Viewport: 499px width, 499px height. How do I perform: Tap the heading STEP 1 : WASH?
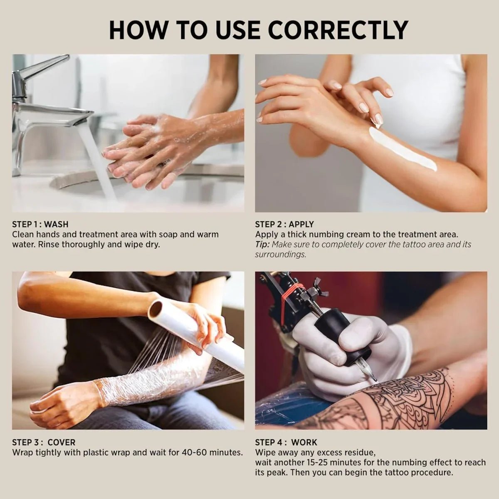(x=40, y=225)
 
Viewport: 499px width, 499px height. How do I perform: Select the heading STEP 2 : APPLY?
(x=284, y=225)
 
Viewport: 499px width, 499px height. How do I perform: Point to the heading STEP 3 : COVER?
(x=44, y=442)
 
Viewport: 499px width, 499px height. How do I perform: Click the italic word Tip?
(x=262, y=245)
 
